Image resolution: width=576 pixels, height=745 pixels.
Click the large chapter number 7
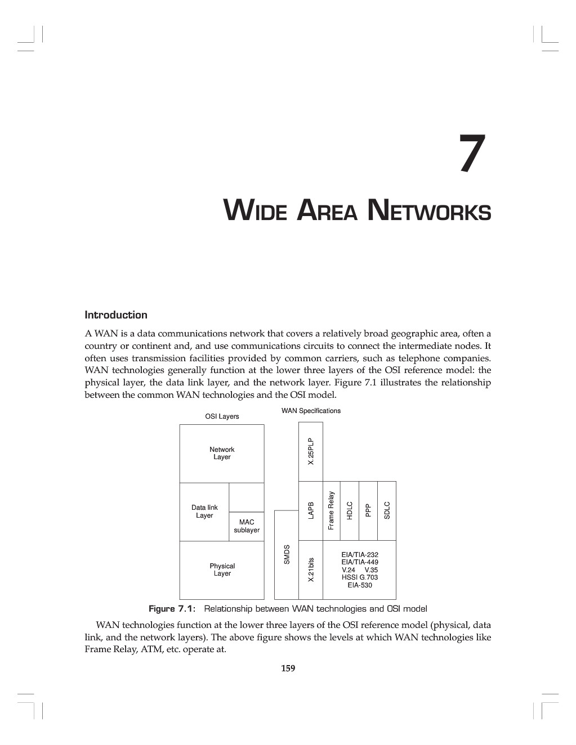coord(472,153)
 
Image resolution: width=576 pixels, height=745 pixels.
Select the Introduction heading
coord(116,315)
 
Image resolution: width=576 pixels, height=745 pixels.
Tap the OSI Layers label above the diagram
coord(222,416)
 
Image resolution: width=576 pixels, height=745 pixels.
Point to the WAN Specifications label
coord(311,410)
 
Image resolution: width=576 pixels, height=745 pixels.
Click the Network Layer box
coord(222,454)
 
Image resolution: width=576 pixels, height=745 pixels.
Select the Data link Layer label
coord(204,511)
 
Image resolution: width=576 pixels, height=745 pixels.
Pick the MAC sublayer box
coord(246,526)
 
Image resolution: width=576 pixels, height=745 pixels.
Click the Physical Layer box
coord(222,570)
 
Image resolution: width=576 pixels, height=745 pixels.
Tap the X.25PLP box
coord(310,451)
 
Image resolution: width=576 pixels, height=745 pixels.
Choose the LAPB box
coord(310,511)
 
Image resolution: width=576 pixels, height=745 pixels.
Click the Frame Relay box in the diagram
coord(332,511)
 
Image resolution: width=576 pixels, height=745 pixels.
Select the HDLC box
coord(350,511)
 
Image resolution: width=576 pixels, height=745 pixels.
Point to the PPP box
coord(368,511)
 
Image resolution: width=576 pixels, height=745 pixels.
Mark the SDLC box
coord(387,511)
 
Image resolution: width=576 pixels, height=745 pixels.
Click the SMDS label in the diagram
coord(287,554)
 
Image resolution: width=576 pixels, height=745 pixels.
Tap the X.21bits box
coord(310,570)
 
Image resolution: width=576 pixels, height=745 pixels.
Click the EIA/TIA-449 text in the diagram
coord(360,562)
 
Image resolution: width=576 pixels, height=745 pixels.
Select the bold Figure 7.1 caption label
coord(172,609)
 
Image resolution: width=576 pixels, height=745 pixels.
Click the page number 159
coord(288,668)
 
